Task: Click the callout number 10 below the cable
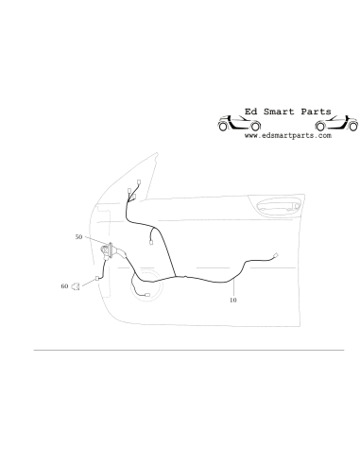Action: [x=233, y=301]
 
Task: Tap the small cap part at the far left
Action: [x=75, y=284]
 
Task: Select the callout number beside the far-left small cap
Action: [x=63, y=284]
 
